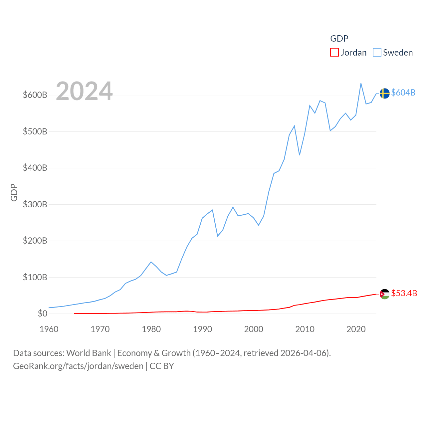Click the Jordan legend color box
tap(334, 53)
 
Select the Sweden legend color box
tap(377, 53)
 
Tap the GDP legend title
tap(339, 39)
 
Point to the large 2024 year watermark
tap(84, 91)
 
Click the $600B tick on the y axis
tap(35, 95)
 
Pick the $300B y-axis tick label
tap(35, 204)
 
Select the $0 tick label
tap(43, 314)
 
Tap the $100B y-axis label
tap(35, 277)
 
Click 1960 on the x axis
tap(49, 329)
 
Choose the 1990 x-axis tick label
tap(202, 329)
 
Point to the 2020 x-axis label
tap(356, 329)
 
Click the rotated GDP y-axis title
tap(14, 192)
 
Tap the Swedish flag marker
tap(384, 94)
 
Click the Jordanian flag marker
tap(384, 294)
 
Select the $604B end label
tap(403, 93)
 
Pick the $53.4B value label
tap(404, 293)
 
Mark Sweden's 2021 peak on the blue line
tap(361, 84)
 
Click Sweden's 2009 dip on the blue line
tap(300, 155)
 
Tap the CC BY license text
tap(162, 366)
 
